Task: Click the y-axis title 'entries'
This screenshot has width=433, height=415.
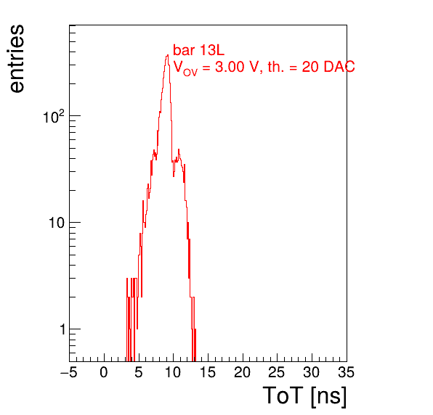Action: (17, 59)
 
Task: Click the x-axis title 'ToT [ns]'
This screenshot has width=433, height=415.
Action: (304, 396)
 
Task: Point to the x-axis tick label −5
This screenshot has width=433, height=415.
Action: (69, 372)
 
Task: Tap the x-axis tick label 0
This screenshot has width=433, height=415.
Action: (104, 372)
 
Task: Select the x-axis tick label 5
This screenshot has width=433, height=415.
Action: (139, 372)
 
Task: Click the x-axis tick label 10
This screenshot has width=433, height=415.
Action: (173, 372)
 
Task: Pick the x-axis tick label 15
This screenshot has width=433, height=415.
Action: (208, 372)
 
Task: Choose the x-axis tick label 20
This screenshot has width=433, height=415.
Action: (242, 372)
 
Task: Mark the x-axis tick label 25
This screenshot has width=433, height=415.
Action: (277, 372)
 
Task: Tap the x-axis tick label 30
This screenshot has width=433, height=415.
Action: (312, 372)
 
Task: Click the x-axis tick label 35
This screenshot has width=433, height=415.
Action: (347, 372)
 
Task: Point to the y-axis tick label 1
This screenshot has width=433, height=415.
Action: (62, 329)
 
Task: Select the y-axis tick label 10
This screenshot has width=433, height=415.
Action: (57, 223)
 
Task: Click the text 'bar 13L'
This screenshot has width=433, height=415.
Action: (199, 50)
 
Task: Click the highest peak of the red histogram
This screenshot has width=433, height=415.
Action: (167, 55)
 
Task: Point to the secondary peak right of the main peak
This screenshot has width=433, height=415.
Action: (179, 149)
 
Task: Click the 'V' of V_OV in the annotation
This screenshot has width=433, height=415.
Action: (178, 67)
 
